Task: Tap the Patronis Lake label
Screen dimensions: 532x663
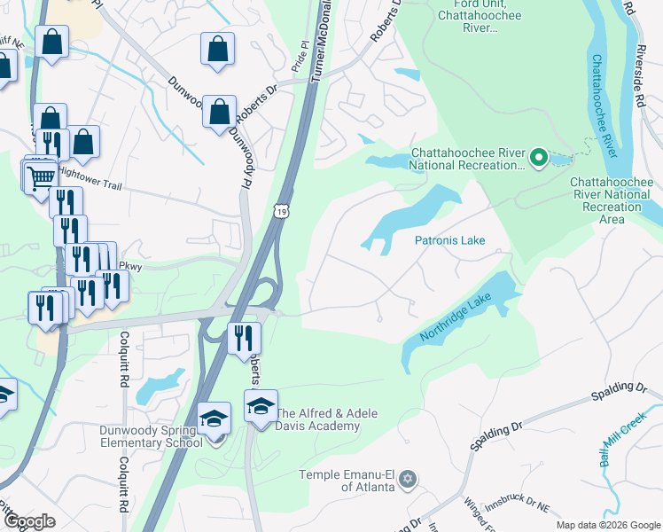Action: click(449, 240)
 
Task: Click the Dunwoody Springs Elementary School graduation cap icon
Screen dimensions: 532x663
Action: click(214, 418)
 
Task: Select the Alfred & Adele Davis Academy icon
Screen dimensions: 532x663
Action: click(261, 406)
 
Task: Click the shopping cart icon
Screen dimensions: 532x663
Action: click(40, 177)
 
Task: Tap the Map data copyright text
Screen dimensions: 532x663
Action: click(608, 525)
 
